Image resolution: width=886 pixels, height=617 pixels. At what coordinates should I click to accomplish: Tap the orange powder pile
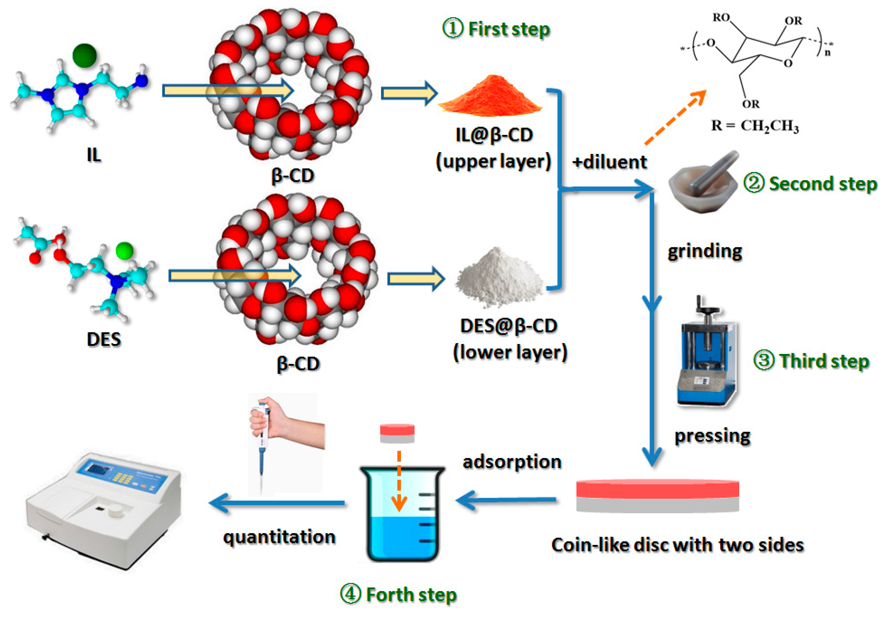490,96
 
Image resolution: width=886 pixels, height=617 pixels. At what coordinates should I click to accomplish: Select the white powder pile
500,278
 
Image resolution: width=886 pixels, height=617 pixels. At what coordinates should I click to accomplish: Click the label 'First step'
509,29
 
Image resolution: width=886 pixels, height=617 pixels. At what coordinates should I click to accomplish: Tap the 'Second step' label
823,184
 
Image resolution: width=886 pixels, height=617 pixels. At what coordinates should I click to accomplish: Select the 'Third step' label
824,362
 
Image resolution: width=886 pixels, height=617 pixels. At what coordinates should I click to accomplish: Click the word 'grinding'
705,252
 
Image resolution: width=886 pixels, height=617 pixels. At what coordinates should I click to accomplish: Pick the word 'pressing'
712,436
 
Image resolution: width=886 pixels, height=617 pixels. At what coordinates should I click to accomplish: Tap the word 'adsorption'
512,462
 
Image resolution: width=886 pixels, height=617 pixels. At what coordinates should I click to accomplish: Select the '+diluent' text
609,162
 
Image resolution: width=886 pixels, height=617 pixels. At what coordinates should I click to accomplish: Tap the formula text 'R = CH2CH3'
755,126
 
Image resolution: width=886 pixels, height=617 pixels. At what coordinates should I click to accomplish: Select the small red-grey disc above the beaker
397,433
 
